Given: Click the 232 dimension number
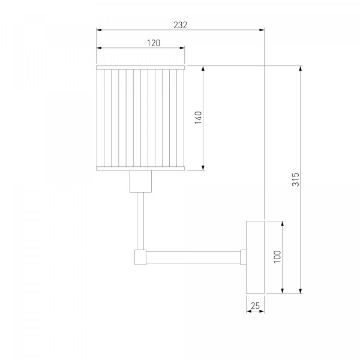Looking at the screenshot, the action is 180,25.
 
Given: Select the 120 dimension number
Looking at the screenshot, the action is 154,43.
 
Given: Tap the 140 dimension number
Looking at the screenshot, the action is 199,118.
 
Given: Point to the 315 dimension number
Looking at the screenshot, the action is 296,179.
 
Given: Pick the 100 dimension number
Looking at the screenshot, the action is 277,257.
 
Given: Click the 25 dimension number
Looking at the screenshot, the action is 255,306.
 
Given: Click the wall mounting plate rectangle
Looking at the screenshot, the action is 256,257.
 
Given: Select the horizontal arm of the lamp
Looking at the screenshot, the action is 193,257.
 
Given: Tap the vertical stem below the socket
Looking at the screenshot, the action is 140,221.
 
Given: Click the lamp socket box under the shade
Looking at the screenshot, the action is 140,181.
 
